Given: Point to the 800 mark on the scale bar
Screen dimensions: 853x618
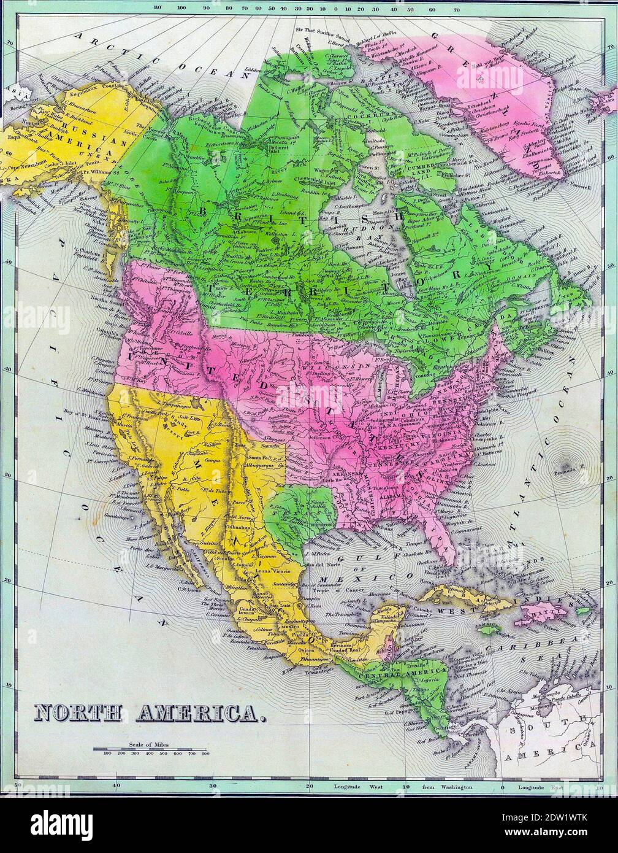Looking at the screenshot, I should coord(205,753).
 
